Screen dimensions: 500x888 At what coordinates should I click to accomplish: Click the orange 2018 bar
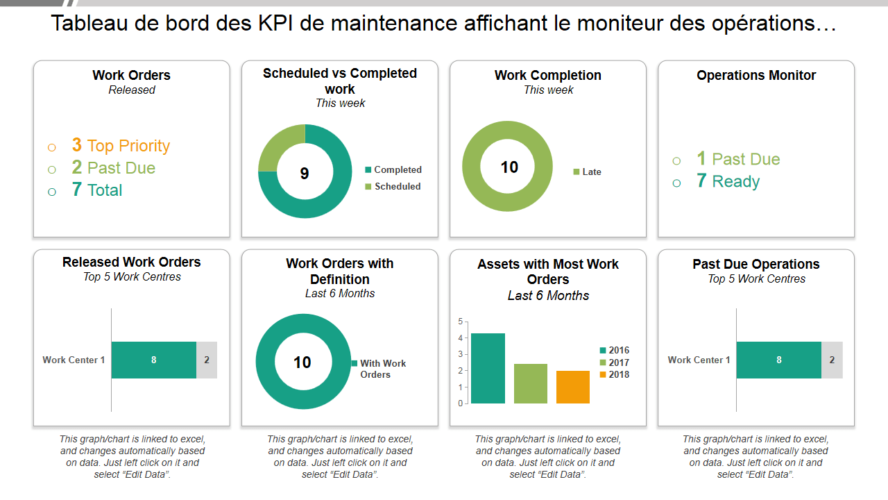click(572, 387)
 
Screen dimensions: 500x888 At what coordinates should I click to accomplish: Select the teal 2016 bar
click(488, 368)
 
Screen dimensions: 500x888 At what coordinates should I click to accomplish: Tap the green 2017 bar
click(531, 383)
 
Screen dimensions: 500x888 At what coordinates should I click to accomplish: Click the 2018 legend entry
click(615, 375)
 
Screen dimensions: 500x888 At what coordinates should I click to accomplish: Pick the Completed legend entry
click(393, 169)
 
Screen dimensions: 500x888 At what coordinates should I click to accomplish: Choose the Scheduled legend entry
click(393, 186)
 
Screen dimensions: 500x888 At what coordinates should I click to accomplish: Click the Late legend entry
click(588, 172)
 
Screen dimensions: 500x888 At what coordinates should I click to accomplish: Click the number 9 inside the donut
click(305, 174)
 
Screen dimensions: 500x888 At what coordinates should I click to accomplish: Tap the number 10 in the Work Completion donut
click(509, 167)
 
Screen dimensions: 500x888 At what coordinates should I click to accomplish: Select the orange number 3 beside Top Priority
click(77, 145)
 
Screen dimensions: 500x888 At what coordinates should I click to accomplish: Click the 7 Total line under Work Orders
click(97, 190)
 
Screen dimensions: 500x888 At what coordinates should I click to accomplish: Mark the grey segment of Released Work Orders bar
click(207, 360)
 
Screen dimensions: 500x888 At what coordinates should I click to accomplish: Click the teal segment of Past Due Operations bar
click(778, 360)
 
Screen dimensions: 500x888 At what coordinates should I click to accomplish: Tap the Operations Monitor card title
click(756, 75)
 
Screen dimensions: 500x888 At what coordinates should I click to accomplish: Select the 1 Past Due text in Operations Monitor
click(738, 159)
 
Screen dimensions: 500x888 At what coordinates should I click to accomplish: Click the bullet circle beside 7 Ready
click(676, 183)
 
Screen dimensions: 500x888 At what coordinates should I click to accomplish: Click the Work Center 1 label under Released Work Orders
click(74, 360)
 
